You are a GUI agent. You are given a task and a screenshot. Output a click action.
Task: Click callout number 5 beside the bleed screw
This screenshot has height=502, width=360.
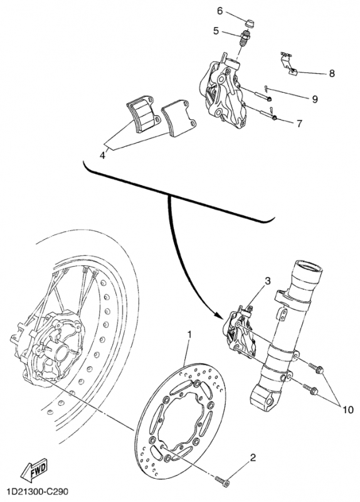[216, 30]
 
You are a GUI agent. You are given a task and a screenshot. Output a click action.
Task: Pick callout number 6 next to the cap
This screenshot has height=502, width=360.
[220, 11]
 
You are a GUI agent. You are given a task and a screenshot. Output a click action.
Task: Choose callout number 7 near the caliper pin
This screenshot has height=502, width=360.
[300, 123]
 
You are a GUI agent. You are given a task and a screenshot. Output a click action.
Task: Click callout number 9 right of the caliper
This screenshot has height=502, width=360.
[315, 99]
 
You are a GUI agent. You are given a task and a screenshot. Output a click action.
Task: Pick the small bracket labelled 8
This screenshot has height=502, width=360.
[287, 63]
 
